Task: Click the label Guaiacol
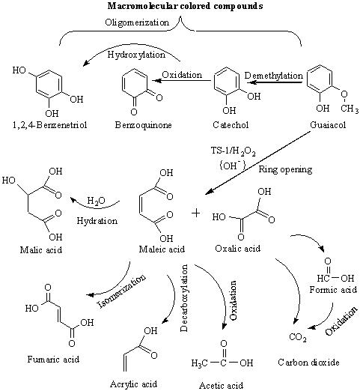(328, 124)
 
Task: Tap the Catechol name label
(231, 124)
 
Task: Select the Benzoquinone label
(143, 125)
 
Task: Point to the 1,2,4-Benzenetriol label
(50, 125)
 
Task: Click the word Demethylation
(274, 76)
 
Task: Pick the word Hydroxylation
(136, 55)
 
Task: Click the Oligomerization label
(137, 22)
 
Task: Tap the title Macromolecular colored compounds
(185, 6)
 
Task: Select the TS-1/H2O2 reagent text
(234, 151)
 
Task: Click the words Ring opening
(285, 169)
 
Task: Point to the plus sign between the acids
(196, 213)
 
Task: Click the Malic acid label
(41, 249)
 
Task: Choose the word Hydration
(97, 221)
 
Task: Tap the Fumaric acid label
(53, 360)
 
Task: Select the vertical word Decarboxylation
(184, 298)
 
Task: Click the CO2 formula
(298, 337)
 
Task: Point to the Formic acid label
(333, 290)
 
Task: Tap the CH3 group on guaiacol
(350, 109)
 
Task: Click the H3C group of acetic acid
(199, 363)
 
